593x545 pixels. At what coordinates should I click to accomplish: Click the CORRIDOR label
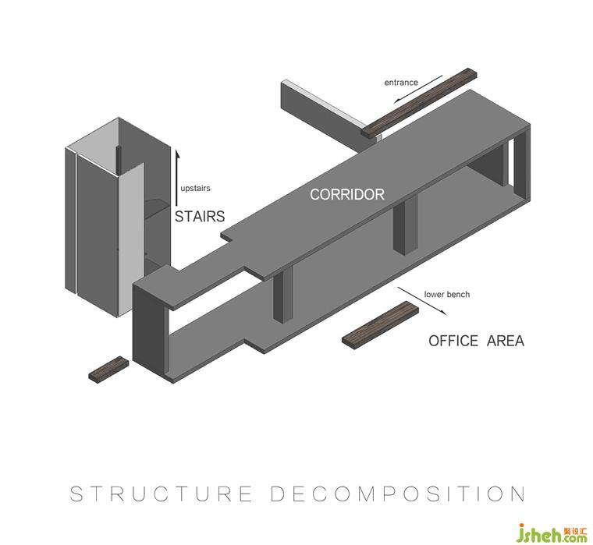tap(346, 194)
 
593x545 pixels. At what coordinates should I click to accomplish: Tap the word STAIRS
tap(200, 216)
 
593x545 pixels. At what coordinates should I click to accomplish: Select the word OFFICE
tap(453, 341)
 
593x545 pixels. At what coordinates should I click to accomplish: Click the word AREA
tap(505, 341)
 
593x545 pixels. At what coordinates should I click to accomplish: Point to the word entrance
tap(401, 83)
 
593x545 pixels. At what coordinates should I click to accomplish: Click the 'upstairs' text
tap(195, 188)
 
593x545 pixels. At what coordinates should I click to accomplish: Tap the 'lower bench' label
tap(446, 295)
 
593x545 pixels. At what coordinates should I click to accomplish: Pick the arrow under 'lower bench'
tap(422, 301)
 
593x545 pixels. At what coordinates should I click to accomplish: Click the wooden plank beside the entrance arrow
tap(418, 102)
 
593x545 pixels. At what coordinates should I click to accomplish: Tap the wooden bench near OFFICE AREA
tap(380, 326)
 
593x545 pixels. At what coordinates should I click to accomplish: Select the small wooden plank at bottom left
tap(108, 369)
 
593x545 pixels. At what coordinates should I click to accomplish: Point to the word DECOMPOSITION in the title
tap(398, 494)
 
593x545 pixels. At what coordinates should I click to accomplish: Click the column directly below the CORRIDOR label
tap(406, 224)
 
